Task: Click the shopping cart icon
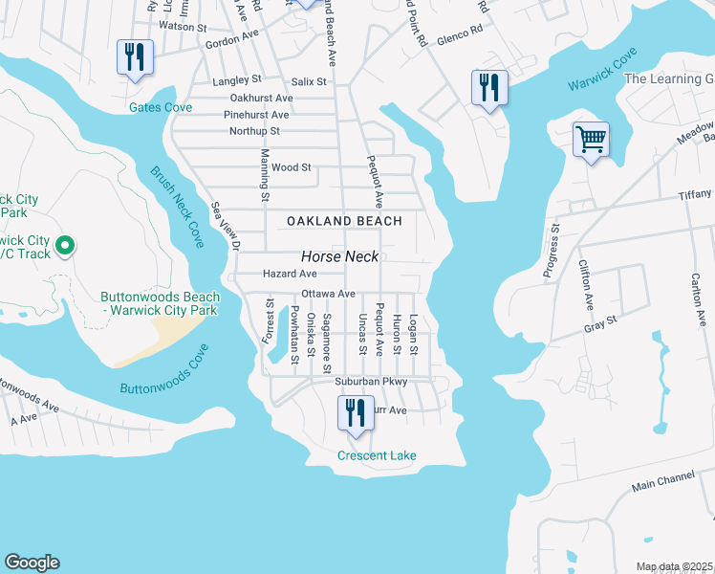pyautogui.click(x=591, y=140)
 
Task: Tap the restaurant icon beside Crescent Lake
pyautogui.click(x=355, y=413)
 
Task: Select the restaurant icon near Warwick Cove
pyautogui.click(x=488, y=88)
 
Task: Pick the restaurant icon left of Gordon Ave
pyautogui.click(x=134, y=57)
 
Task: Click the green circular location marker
pyautogui.click(x=64, y=247)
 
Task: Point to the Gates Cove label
pyautogui.click(x=161, y=107)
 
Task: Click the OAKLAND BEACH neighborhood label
pyautogui.click(x=344, y=221)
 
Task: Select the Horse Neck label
pyautogui.click(x=340, y=256)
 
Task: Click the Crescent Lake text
pyautogui.click(x=377, y=455)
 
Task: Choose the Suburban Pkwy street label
pyautogui.click(x=371, y=382)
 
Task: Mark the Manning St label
pyautogui.click(x=264, y=176)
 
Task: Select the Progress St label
pyautogui.click(x=552, y=252)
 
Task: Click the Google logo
pyautogui.click(x=32, y=563)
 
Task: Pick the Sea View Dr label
pyautogui.click(x=224, y=227)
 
